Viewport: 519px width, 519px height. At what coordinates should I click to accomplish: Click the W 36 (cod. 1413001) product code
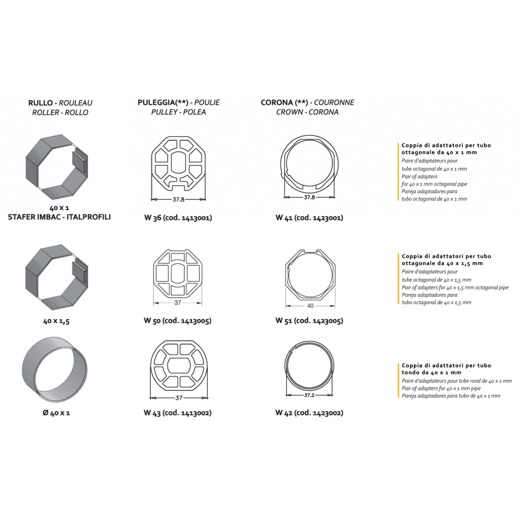[x=178, y=218]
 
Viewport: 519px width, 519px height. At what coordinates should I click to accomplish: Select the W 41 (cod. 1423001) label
[x=309, y=218]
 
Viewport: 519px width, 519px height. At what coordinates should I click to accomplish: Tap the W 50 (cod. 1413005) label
[x=178, y=321]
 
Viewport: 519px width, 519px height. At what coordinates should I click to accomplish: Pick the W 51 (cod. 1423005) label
[x=309, y=321]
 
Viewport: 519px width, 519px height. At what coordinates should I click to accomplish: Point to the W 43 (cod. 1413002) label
[x=178, y=413]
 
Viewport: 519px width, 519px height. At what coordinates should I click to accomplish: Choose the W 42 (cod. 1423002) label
[x=309, y=413]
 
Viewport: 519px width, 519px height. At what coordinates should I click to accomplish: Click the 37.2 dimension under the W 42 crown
[x=309, y=395]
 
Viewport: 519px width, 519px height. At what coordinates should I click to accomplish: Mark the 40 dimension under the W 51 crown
[x=310, y=306]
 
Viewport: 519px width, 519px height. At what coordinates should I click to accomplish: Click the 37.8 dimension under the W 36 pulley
[x=178, y=199]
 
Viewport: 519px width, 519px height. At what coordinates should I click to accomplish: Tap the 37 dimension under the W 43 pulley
[x=179, y=398]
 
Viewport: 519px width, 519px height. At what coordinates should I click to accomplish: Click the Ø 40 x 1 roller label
[x=56, y=413]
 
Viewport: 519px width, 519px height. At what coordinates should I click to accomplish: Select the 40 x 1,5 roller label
[x=56, y=321]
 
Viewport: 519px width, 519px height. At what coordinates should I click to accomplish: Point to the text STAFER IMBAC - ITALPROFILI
[x=59, y=217]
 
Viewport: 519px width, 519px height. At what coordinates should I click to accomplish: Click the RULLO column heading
[x=40, y=103]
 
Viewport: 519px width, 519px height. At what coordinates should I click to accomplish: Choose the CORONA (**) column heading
[x=285, y=102]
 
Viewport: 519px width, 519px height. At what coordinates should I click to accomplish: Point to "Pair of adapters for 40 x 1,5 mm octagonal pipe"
[x=455, y=288]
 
